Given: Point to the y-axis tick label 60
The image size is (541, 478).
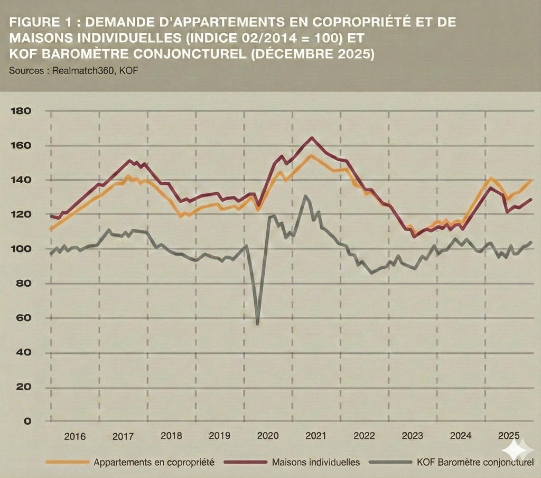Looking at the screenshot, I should click(24, 318).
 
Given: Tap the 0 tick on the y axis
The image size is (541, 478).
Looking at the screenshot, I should click(27, 421).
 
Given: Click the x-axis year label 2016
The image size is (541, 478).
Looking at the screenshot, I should click(74, 436).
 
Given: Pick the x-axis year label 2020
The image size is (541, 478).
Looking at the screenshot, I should click(267, 436).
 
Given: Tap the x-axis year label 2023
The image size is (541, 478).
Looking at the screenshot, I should click(412, 436).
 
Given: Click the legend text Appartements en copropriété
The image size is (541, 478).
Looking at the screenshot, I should click(154, 462).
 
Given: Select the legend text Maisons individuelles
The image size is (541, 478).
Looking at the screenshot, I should click(316, 462).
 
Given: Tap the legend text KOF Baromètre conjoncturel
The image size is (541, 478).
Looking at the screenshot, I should click(475, 462).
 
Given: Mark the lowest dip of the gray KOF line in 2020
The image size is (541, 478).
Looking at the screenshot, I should click(257, 324).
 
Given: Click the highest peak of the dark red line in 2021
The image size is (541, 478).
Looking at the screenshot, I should click(312, 138).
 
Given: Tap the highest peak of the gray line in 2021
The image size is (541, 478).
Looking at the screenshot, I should click(305, 196).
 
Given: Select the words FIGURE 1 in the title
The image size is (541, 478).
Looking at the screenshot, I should click(44, 22).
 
